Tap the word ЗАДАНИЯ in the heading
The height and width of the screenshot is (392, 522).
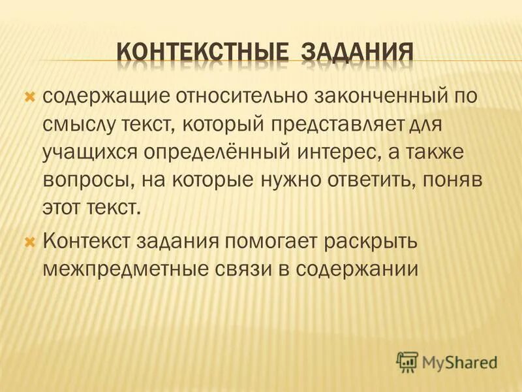(x=357, y=52)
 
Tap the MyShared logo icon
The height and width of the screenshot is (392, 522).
(x=408, y=361)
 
